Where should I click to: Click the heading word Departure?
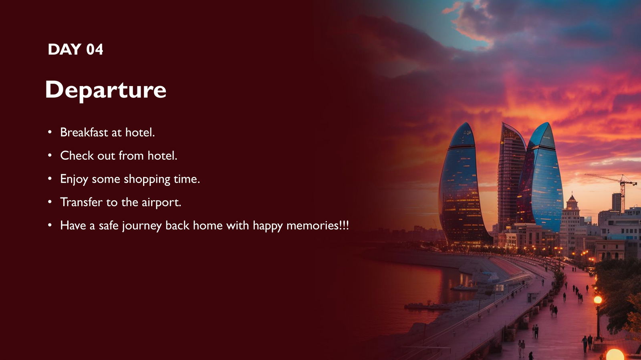pos(105,90)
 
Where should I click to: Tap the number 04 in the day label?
pos(95,50)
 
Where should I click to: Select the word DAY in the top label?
pos(65,50)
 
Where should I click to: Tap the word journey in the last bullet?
pos(142,226)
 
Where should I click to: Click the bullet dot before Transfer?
pos(50,202)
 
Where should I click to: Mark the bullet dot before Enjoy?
pos(50,179)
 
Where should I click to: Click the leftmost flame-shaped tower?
pos(461,184)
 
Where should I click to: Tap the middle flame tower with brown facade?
pos(510,172)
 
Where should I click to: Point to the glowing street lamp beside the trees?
pos(598,300)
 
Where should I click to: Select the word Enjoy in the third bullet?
pos(74,179)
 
